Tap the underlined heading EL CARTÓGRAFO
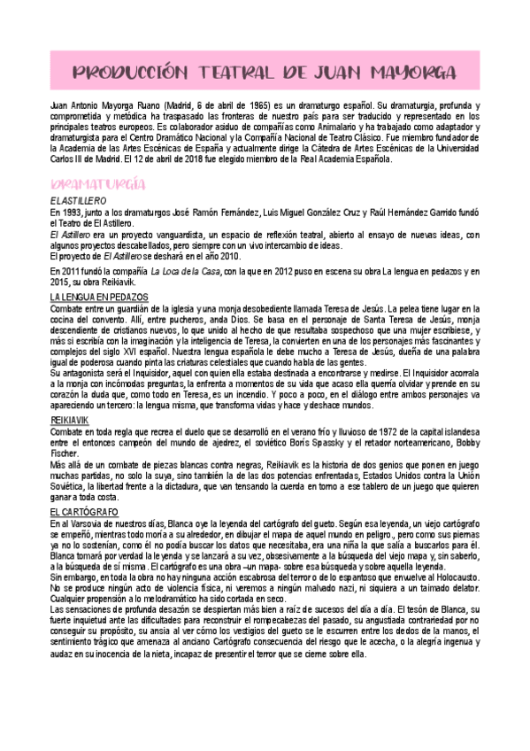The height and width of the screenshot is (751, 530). tap(83, 511)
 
